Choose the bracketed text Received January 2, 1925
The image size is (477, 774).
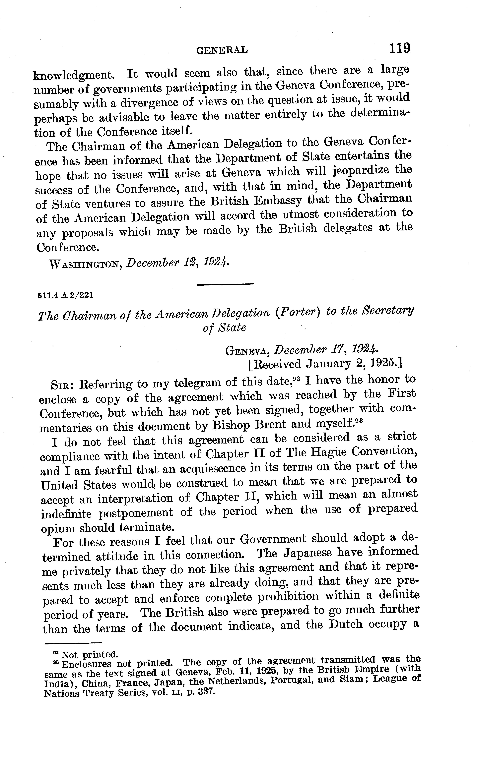coord(325,364)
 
